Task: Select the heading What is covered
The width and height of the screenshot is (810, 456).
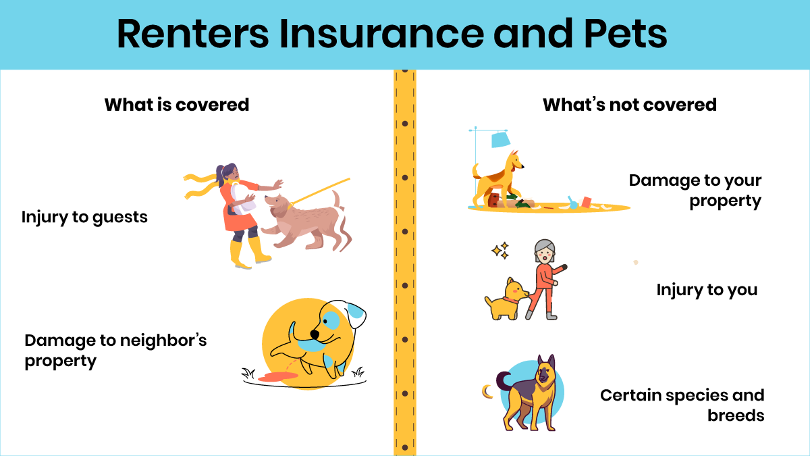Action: coord(177,105)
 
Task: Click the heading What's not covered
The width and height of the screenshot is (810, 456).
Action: coord(630,105)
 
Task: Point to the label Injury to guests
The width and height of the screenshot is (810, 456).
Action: coord(84,218)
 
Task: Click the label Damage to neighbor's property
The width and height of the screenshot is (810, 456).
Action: coord(115,350)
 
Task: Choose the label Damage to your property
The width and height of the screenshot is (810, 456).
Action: coord(695,191)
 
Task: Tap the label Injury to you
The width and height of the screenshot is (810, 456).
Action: coord(707,290)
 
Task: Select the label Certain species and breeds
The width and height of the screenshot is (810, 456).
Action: coord(682,405)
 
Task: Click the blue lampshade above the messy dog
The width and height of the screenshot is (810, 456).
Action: coord(500,140)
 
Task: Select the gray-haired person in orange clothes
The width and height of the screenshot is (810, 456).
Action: coord(545,277)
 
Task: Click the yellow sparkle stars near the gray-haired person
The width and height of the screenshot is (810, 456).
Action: coord(500,251)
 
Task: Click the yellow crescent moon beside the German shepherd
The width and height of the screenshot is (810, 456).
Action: coord(486,390)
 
